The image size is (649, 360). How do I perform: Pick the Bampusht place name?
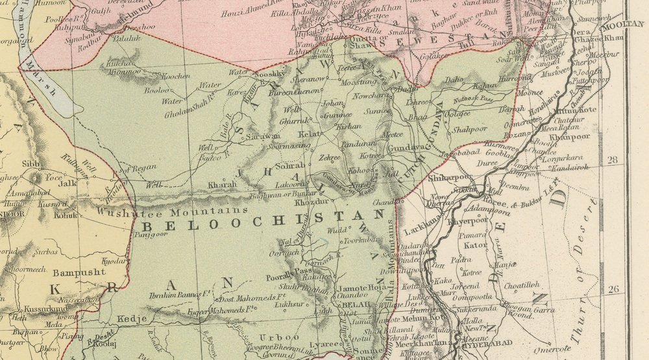click(x=79, y=272)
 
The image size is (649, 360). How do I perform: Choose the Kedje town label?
click(x=130, y=319)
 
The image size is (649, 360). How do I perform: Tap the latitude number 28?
click(x=612, y=158)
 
